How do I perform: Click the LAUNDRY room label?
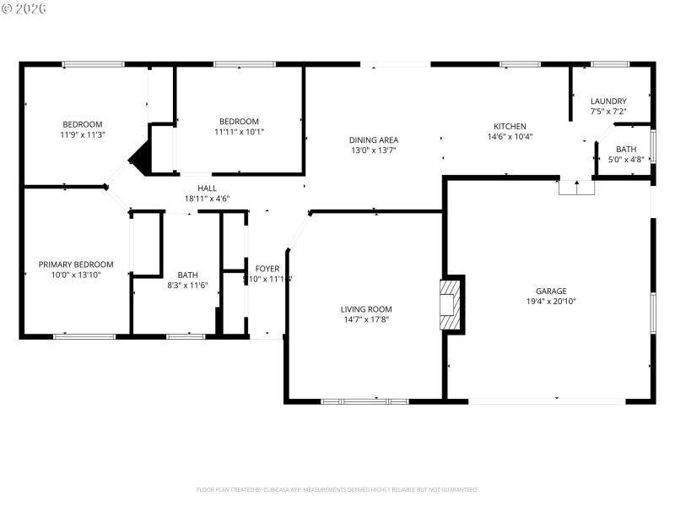point(608,101)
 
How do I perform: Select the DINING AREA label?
point(374,139)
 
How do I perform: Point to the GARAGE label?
point(551,291)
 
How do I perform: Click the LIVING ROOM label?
point(366,309)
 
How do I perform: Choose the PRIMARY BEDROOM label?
point(76,264)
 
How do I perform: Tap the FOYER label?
point(267,269)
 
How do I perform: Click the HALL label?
point(207,188)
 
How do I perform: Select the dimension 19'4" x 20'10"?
point(551,301)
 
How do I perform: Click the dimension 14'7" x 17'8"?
point(366,319)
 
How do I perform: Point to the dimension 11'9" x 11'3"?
point(82,134)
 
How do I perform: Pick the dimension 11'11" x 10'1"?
point(239,131)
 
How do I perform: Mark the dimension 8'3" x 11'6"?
point(187,285)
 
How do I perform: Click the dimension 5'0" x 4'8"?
point(625,159)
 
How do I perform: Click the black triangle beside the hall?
point(139,158)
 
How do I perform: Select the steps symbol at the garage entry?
point(577,188)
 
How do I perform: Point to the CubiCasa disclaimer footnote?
point(337,489)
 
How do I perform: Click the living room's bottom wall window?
point(364,401)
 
